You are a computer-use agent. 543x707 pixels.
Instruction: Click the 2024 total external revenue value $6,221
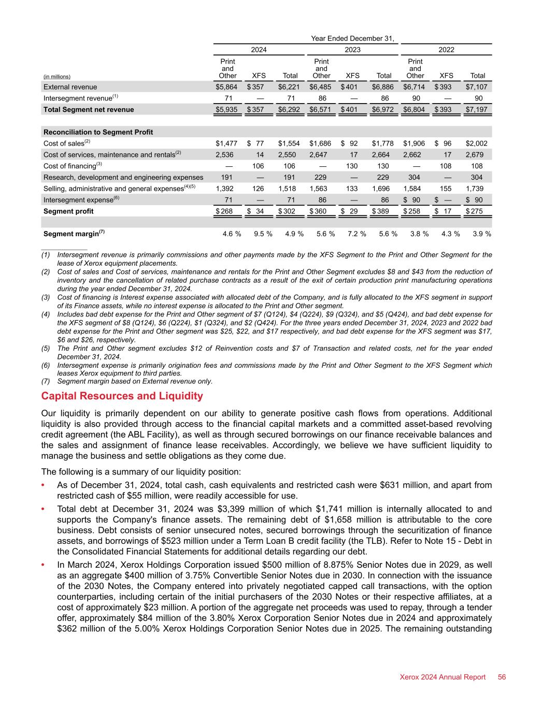(x=288, y=87)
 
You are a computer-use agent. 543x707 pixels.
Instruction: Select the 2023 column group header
(x=352, y=50)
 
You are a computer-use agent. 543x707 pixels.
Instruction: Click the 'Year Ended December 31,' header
(x=352, y=38)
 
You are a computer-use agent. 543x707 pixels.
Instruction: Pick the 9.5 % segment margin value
(x=263, y=234)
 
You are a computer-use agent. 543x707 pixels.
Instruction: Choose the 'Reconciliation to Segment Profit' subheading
(x=98, y=132)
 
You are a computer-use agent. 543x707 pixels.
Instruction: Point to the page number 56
(x=502, y=677)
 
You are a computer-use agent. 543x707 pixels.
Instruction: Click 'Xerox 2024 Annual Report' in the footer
(x=442, y=677)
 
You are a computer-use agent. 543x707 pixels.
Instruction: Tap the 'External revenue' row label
(x=70, y=87)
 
